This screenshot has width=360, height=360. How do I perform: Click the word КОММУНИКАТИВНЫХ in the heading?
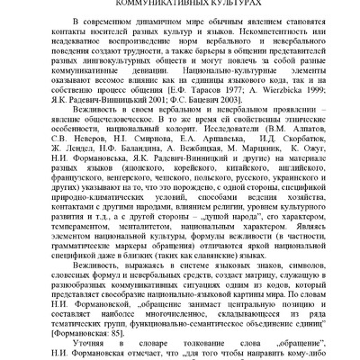tap(158, 4)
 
